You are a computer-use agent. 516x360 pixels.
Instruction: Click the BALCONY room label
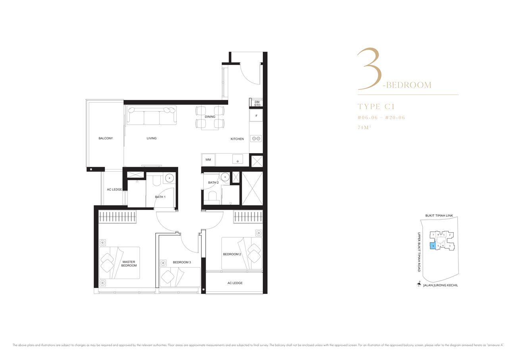tap(106, 138)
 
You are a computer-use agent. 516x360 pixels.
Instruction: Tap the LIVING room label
tap(152, 138)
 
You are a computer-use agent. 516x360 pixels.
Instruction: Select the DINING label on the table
tap(210, 117)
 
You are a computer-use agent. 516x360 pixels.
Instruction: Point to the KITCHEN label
tap(237, 139)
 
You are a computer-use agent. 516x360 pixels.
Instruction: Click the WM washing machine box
tap(208, 160)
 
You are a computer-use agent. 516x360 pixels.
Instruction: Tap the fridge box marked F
tap(256, 116)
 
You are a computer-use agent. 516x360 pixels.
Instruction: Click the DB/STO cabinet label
tap(257, 104)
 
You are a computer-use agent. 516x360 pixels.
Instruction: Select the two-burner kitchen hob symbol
tap(256, 139)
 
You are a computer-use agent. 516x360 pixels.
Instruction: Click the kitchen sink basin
tap(237, 159)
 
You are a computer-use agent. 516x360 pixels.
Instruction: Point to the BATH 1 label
tap(160, 197)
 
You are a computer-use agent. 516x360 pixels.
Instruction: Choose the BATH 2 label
tap(213, 183)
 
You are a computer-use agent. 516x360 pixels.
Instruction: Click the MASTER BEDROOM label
tap(129, 264)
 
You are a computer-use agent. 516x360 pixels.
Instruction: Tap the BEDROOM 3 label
tap(182, 262)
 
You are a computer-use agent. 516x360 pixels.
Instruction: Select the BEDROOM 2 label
tap(232, 254)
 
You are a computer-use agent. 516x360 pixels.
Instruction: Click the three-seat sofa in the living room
tap(152, 115)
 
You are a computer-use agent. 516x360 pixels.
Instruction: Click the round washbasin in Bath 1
tap(169, 178)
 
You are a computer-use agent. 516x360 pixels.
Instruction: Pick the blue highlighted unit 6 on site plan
tap(433, 246)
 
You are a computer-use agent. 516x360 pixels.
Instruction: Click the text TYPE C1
tap(376, 106)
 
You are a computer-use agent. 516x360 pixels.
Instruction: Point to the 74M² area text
tap(364, 127)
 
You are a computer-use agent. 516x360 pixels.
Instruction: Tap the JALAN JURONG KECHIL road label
tap(441, 285)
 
